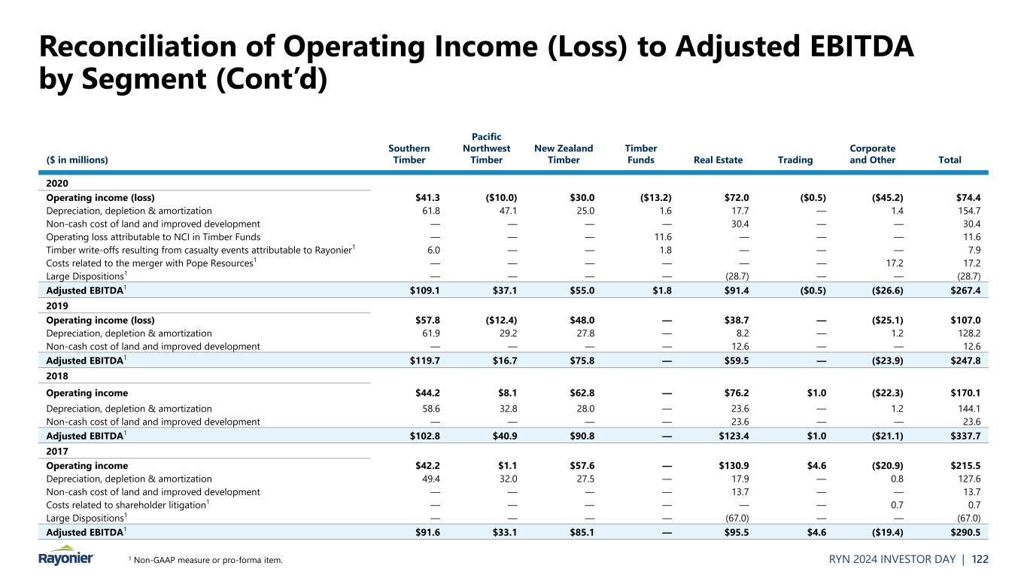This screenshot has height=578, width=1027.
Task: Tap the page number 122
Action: click(x=1001, y=559)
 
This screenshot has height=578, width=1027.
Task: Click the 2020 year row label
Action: click(x=58, y=183)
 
